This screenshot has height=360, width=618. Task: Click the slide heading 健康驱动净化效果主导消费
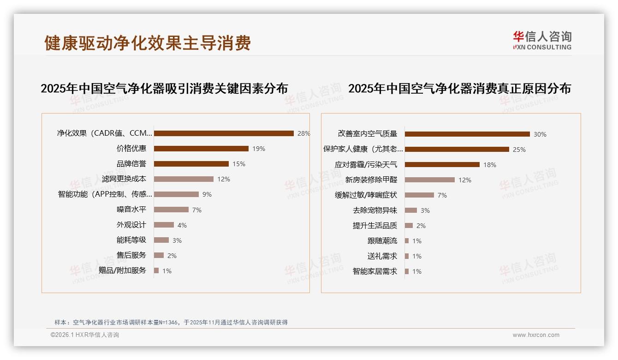148,43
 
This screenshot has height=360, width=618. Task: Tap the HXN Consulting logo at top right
542,41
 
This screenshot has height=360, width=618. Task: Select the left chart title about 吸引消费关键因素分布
164,88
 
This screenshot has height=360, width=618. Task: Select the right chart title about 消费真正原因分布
459,88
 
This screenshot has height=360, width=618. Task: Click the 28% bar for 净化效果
224,133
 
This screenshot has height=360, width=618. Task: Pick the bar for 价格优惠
201,149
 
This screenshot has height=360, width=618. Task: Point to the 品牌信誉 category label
131,164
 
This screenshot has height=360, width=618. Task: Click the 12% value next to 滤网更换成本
224,179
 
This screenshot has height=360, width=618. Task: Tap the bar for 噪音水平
171,210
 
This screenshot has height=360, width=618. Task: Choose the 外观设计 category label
131,225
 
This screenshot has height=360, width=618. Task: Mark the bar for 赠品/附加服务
156,270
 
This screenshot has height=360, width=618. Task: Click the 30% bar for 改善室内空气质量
467,134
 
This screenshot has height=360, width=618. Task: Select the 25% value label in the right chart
519,150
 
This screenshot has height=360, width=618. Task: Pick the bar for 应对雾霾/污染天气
442,164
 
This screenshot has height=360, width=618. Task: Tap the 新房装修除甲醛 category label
371,180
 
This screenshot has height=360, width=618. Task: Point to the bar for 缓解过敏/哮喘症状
419,195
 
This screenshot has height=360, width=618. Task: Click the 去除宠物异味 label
375,210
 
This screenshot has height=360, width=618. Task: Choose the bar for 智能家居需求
407,271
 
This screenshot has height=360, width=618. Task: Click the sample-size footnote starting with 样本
171,322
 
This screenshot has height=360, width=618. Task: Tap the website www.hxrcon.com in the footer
536,335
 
